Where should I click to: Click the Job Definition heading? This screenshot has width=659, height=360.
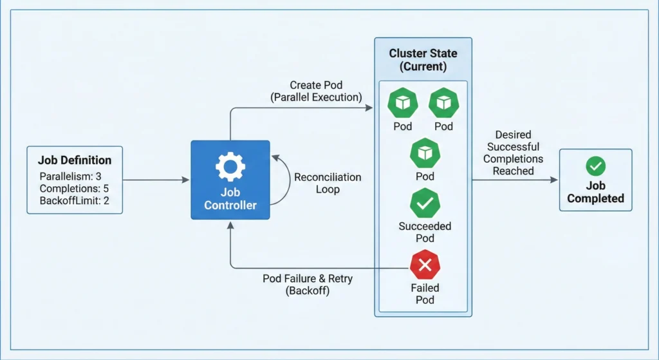[x=75, y=160]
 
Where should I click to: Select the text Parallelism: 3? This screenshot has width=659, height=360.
[x=70, y=176]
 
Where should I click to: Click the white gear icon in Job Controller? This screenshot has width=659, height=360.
[x=230, y=167]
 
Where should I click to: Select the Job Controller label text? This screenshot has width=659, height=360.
[x=230, y=199]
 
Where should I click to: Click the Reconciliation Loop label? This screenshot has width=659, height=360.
[x=328, y=184]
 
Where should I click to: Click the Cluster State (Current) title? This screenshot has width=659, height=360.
[x=423, y=59]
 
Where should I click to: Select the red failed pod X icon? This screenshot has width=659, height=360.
[x=424, y=264]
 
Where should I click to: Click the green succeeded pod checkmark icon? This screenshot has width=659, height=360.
[x=424, y=204]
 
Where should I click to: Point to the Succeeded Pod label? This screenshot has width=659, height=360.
[x=424, y=232]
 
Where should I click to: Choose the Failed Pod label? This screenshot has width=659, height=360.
[x=424, y=294]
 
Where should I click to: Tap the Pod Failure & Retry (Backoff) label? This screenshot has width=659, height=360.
[x=308, y=285]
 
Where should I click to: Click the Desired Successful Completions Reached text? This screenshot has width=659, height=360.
[x=513, y=153]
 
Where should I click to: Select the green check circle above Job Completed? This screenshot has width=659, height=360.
[x=595, y=167]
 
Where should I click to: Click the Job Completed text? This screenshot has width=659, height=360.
[x=595, y=192]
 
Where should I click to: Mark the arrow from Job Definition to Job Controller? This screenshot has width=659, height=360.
[x=154, y=180]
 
